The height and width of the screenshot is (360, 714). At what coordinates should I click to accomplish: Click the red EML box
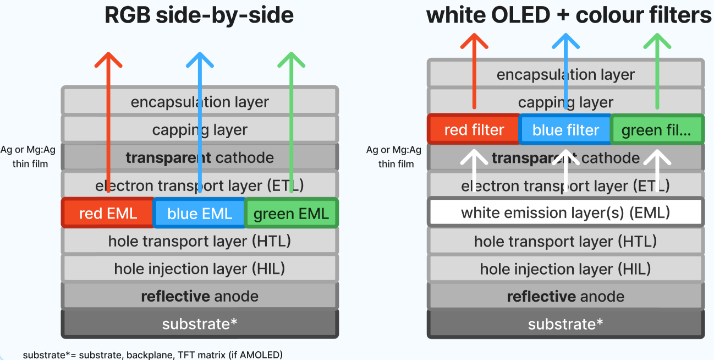click(108, 212)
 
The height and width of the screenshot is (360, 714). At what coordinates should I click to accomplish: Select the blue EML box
click(200, 212)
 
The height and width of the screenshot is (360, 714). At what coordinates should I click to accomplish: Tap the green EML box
click(292, 212)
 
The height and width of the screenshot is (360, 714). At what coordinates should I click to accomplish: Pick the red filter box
click(474, 129)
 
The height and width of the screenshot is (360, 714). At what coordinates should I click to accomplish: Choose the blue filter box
click(565, 129)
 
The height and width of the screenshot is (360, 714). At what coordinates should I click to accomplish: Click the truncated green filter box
click(657, 129)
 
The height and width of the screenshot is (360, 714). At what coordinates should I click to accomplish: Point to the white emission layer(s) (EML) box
click(565, 212)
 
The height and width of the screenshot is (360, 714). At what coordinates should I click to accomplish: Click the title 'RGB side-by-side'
click(199, 15)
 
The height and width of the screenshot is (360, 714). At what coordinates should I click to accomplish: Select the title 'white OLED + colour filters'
click(569, 15)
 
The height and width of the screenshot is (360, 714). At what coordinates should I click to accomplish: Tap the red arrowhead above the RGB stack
click(108, 59)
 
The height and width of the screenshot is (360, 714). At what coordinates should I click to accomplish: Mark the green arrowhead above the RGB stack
click(292, 59)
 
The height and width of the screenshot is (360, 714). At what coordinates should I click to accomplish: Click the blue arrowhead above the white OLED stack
click(566, 41)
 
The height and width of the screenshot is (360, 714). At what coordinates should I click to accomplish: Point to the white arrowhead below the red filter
click(474, 157)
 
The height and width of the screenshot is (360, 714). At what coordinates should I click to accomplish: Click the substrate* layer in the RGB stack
click(200, 324)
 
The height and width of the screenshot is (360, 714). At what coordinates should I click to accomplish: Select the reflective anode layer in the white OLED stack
click(565, 296)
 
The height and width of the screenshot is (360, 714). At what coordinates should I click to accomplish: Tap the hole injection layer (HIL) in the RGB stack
click(200, 269)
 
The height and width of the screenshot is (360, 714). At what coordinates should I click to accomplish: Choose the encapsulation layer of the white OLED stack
click(565, 74)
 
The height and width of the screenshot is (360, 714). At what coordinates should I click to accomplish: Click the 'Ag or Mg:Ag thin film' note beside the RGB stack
click(28, 156)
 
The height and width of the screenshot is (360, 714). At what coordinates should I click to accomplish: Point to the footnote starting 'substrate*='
click(153, 355)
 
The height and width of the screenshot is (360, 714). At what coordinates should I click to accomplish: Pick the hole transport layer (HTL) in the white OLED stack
click(565, 241)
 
